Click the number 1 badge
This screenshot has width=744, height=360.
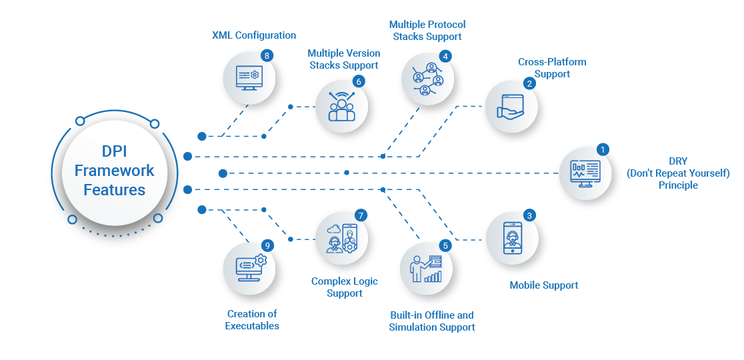(x=603, y=149)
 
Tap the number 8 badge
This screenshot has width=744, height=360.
(x=267, y=55)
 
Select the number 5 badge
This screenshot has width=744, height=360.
(x=446, y=245)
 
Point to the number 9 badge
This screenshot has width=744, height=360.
(x=267, y=245)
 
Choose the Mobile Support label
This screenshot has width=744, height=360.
(x=543, y=285)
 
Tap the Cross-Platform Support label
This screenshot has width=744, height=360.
(x=551, y=68)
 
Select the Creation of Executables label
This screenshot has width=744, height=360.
(x=252, y=320)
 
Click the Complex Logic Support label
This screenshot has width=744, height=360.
(x=345, y=287)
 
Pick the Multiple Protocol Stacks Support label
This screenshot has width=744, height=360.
(x=427, y=31)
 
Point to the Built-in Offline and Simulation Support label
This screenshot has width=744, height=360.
(x=432, y=321)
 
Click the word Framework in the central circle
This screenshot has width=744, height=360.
(x=114, y=171)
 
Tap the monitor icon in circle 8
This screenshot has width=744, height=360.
(x=248, y=77)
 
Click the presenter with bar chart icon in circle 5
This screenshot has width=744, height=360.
(x=427, y=268)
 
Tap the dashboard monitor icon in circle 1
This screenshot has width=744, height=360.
(x=585, y=173)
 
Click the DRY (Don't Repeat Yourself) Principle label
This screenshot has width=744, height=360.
(x=678, y=173)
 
